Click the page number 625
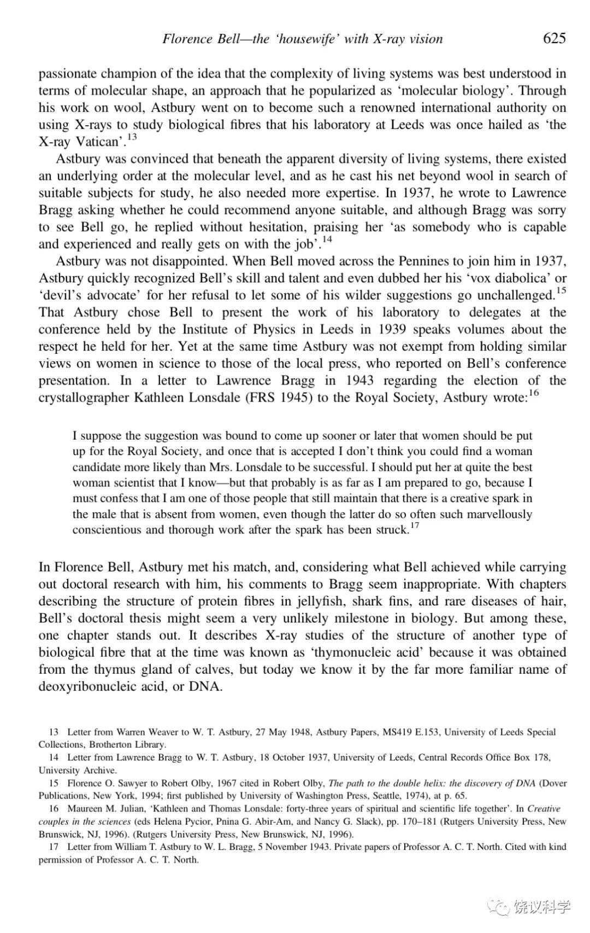click(554, 38)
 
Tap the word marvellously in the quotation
click(494, 514)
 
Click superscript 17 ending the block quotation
click(415, 526)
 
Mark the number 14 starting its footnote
click(54, 757)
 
